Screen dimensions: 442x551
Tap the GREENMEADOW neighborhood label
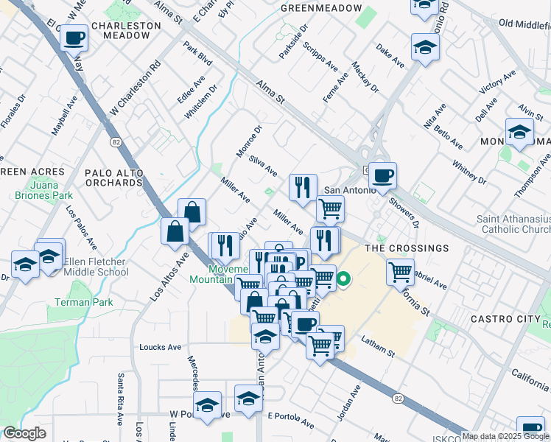pyautogui.click(x=321, y=8)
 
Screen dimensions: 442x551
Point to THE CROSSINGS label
pyautogui.click(x=407, y=248)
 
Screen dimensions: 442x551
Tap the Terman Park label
pyautogui.click(x=83, y=303)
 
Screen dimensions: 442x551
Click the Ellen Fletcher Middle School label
pyautogui.click(x=96, y=267)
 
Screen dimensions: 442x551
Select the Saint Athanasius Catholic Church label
pyautogui.click(x=513, y=225)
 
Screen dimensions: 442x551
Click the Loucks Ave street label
pyautogui.click(x=160, y=347)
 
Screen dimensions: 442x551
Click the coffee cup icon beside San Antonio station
pyautogui.click(x=382, y=175)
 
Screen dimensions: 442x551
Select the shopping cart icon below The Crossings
pyautogui.click(x=400, y=271)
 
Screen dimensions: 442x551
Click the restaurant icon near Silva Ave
pyautogui.click(x=303, y=187)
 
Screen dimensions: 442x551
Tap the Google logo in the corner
pyautogui.click(x=24, y=434)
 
